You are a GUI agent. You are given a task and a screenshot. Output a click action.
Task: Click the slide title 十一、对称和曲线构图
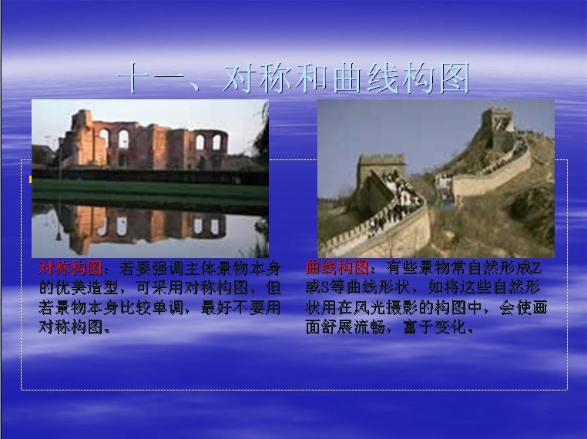293,79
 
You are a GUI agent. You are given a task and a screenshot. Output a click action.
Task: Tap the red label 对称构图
70,268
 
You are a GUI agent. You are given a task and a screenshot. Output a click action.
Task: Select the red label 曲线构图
337,268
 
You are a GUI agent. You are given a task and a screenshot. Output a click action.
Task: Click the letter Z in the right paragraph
536,268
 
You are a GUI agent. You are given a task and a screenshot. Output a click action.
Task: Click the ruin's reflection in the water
143,226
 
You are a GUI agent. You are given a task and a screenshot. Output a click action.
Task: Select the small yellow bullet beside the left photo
30,180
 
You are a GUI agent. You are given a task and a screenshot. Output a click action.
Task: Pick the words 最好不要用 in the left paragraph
240,307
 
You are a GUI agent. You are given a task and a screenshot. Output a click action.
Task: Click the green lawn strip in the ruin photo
149,191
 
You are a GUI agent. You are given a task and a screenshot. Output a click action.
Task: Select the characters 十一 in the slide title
150,79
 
